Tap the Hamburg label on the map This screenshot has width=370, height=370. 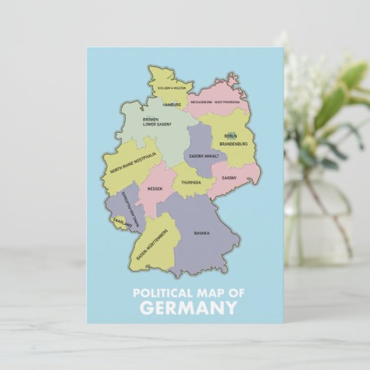[172, 105]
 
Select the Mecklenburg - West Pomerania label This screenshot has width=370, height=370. [217, 102]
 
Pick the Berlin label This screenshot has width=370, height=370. [230, 136]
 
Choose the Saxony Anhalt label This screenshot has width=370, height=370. [204, 156]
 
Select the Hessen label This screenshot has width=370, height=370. [155, 188]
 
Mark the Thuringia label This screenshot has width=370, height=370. [191, 182]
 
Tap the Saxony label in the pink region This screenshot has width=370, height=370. [229, 178]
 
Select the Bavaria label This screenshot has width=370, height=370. [202, 232]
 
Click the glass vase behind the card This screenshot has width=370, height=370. [318, 209]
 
